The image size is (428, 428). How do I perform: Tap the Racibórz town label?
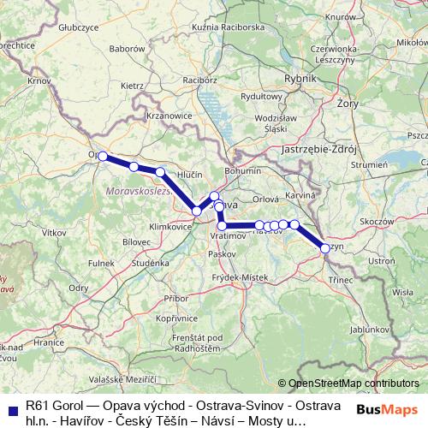click(x=200, y=80)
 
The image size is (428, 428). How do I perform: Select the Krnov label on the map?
click(x=39, y=80)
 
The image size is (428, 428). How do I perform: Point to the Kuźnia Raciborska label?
click(x=228, y=27)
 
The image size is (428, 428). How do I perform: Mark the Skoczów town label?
click(x=375, y=220)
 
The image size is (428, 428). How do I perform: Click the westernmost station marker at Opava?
click(x=103, y=156)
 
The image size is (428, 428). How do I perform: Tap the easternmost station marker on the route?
click(x=324, y=248)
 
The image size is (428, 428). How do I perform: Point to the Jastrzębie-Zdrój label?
click(x=318, y=147)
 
